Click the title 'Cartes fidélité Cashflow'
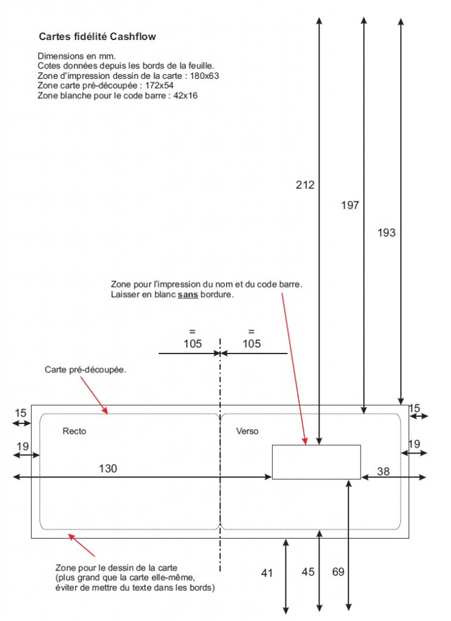98,36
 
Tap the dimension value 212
305,184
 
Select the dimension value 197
350,205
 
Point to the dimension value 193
387,232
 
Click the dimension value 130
108,469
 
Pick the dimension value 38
383,471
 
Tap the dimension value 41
267,572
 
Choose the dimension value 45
308,572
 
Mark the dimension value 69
338,572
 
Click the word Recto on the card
74,431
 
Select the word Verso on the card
247,431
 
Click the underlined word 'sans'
188,295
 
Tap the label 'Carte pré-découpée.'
85,369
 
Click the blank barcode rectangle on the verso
316,462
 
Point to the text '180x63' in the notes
204,76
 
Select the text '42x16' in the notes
185,95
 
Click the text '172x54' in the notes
159,86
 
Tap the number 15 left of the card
21,413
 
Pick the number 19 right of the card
414,444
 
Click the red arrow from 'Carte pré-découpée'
94,395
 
